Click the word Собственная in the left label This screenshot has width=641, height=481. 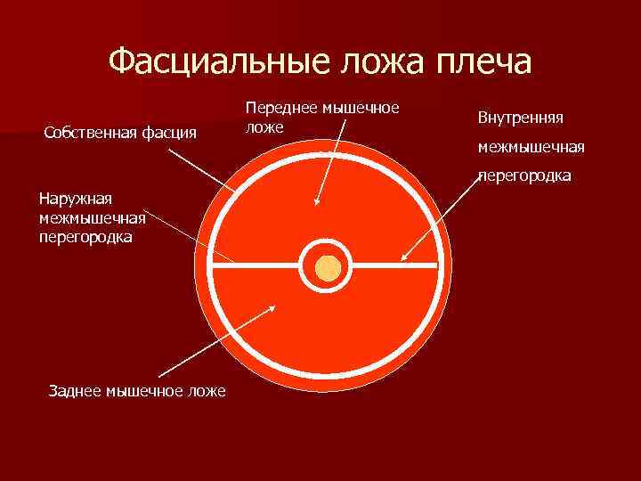pos(86,134)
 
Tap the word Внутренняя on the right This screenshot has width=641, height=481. pos(526,118)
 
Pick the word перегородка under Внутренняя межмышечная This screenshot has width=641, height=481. pos(524,176)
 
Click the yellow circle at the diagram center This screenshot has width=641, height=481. pos(328,266)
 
